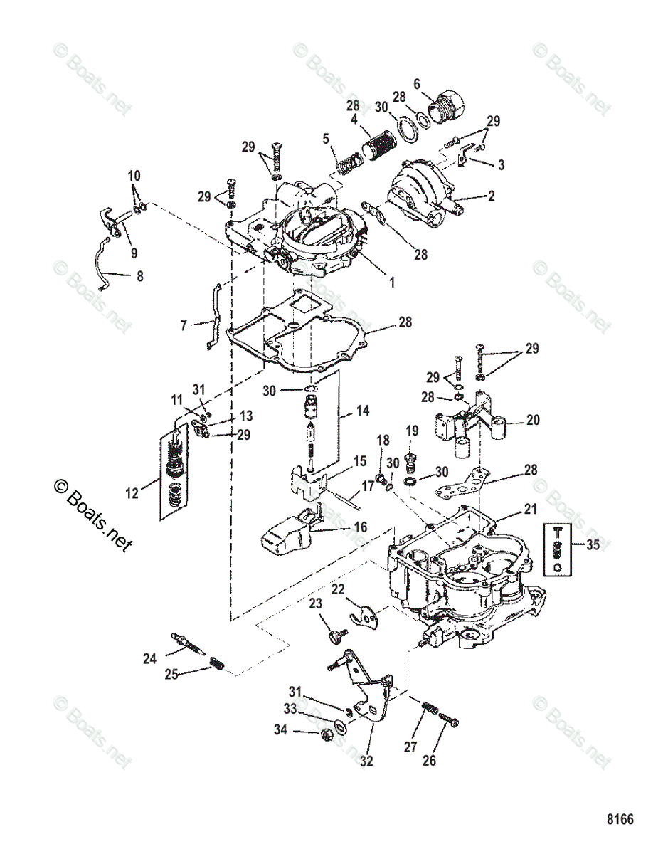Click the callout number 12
pos(133,491)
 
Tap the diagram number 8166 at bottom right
pos(620,819)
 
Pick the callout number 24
pos(149,659)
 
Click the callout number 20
pos(533,421)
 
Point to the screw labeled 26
pos(450,720)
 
